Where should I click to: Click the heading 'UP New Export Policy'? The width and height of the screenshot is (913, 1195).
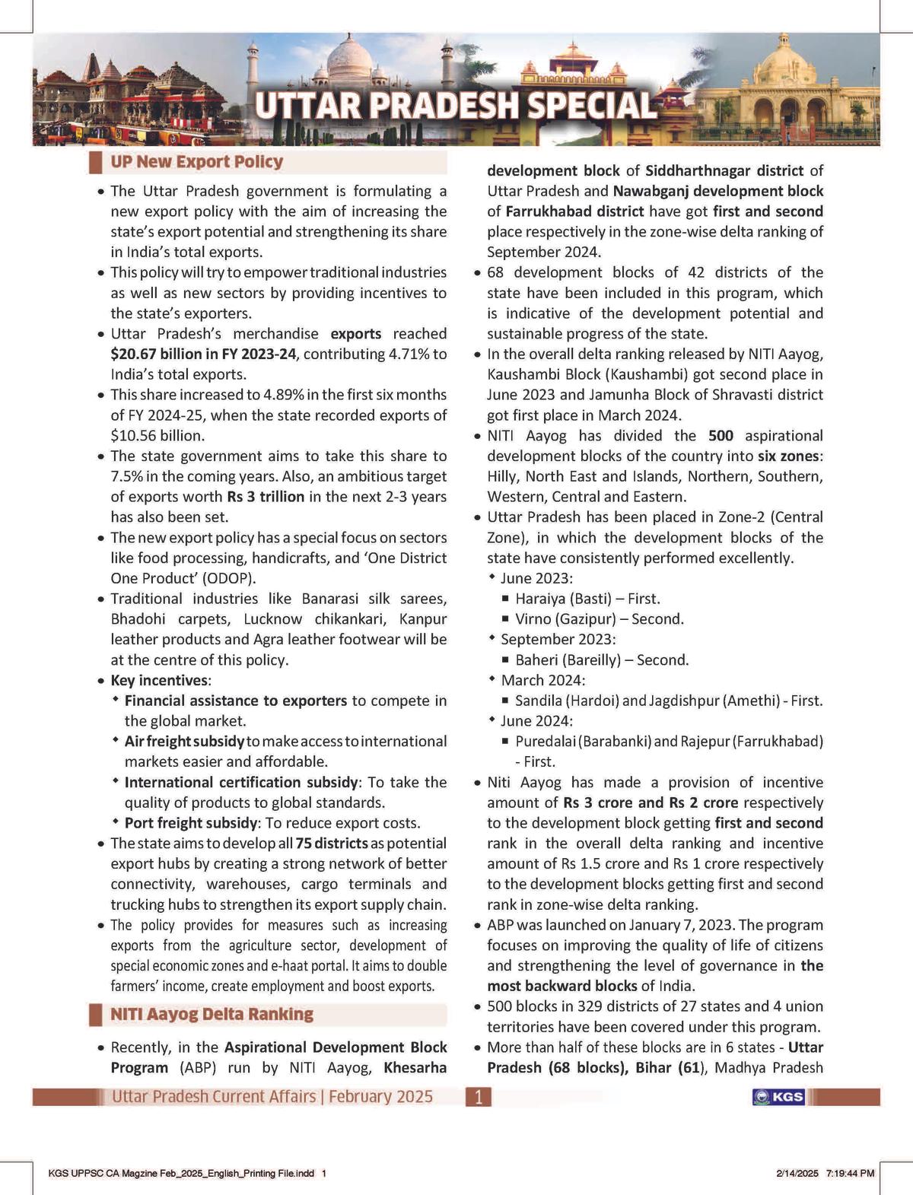196,162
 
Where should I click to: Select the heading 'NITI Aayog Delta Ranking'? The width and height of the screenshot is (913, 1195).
212,1014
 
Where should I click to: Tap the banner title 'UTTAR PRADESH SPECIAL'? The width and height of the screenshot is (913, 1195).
455,106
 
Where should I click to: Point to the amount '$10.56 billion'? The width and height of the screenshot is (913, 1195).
157,436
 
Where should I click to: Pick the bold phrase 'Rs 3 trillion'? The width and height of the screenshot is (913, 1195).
266,497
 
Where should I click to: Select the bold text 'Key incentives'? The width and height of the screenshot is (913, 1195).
159,680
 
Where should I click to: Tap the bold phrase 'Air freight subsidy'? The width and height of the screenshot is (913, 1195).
184,741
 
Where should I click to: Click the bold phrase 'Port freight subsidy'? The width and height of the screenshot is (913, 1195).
190,823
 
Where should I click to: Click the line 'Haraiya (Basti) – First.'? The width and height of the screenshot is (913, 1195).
587,599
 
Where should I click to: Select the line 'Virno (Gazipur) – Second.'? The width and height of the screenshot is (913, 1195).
600,619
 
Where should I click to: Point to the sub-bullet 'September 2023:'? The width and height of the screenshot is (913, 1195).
558,640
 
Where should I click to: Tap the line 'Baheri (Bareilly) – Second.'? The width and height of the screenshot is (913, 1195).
602,660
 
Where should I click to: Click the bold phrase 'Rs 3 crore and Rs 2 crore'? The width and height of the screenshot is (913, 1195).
651,802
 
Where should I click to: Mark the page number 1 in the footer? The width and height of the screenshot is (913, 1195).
479,1097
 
